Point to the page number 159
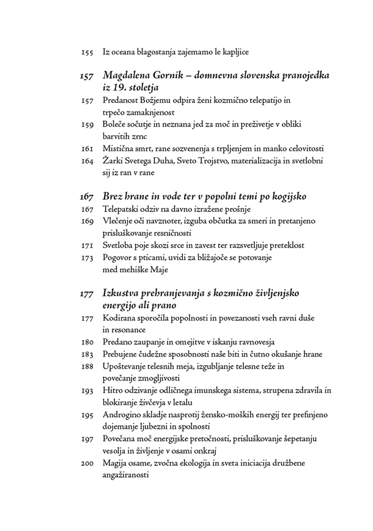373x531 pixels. (87, 125)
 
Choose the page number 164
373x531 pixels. (87, 161)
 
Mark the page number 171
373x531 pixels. (87, 245)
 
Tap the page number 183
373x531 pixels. (87, 354)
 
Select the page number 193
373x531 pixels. (87, 390)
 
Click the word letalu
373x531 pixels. (181, 402)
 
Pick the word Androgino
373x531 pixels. (123, 414)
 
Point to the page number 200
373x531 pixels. (87, 462)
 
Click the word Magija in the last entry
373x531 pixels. (116, 462)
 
